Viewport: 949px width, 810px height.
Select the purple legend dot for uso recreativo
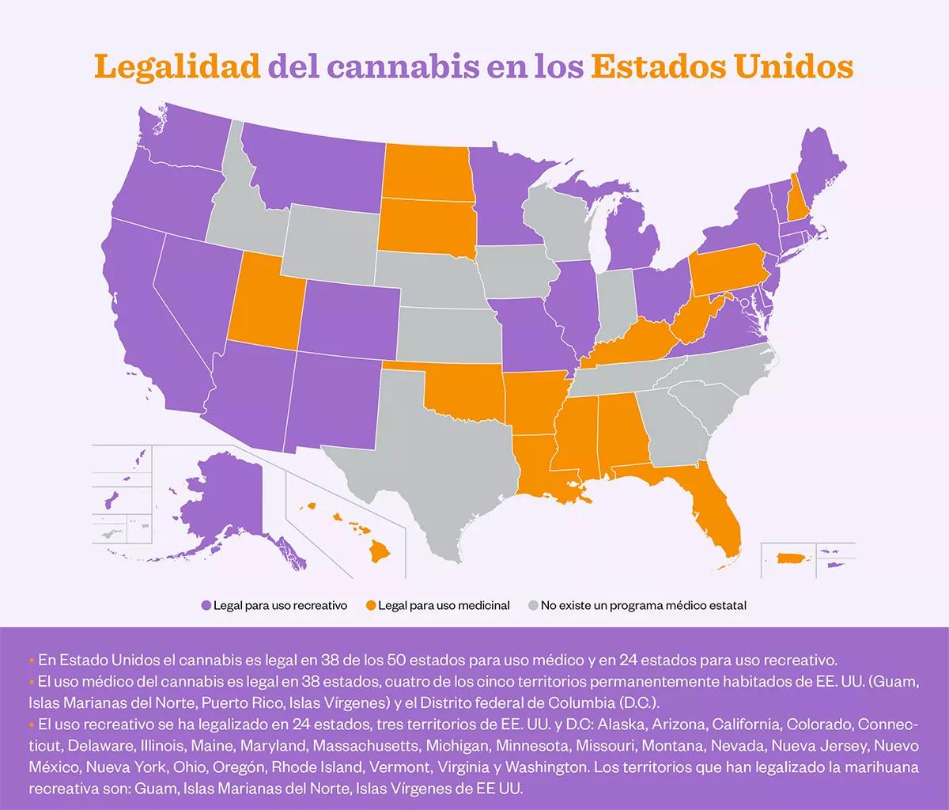coord(206,606)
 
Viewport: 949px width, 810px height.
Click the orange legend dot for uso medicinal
coord(371,606)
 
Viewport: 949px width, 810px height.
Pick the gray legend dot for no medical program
coord(533,606)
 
